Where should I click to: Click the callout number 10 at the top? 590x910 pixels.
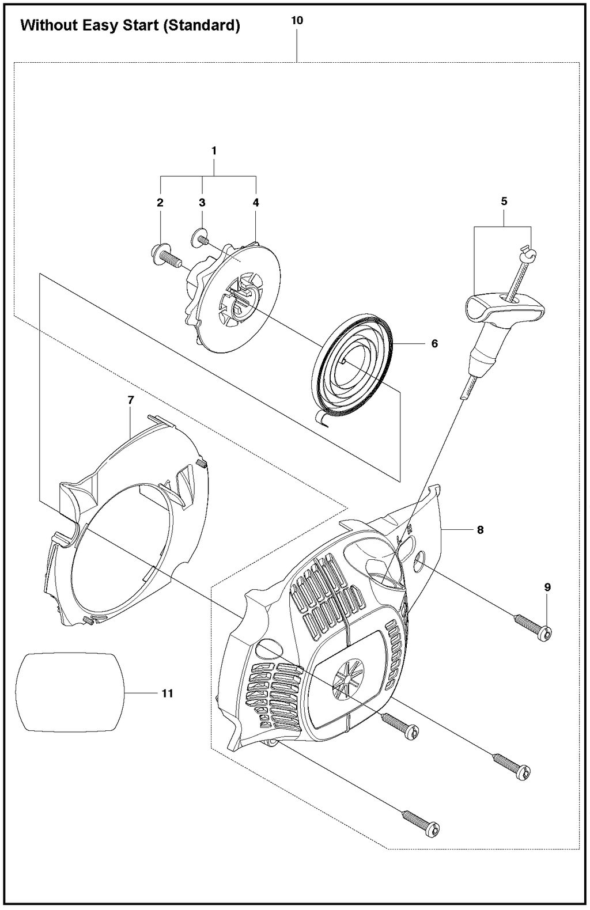pyautogui.click(x=297, y=21)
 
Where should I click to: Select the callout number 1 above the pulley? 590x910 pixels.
pyautogui.click(x=214, y=151)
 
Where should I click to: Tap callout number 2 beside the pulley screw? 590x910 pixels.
pyautogui.click(x=160, y=203)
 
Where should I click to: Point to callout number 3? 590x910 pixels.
pyautogui.click(x=202, y=203)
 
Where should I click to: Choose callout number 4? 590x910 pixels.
pyautogui.click(x=256, y=203)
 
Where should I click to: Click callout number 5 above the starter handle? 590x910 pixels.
pyautogui.click(x=504, y=202)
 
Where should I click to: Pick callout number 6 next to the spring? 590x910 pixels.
pyautogui.click(x=434, y=344)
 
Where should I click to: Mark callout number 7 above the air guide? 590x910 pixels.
pyautogui.click(x=131, y=400)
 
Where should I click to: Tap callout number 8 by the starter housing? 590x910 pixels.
pyautogui.click(x=480, y=530)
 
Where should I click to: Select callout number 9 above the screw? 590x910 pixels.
pyautogui.click(x=547, y=587)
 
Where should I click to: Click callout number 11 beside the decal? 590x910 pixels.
pyautogui.click(x=167, y=693)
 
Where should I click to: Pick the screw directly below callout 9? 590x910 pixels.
pyautogui.click(x=534, y=628)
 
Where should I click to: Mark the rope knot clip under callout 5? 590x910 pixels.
pyautogui.click(x=527, y=251)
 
